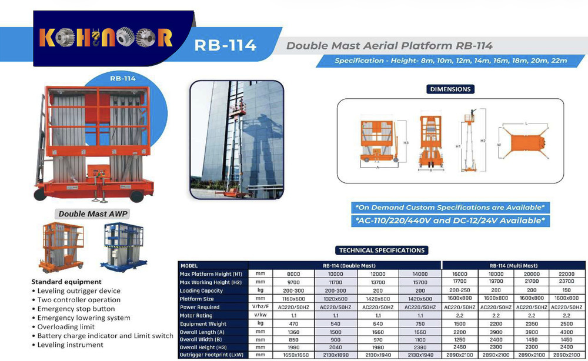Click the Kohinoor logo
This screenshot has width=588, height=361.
click(106, 38)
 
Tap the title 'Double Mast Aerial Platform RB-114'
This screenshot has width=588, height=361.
click(389, 46)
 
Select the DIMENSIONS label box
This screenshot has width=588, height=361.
click(450, 89)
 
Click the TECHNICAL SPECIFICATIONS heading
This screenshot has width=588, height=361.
click(382, 250)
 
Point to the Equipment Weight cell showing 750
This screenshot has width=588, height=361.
click(420, 323)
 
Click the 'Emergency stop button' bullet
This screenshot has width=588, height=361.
click(76, 309)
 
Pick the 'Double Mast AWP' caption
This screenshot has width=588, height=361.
click(93, 214)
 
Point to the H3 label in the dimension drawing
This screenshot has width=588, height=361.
click(406, 143)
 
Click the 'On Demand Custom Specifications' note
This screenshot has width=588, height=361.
click(450, 208)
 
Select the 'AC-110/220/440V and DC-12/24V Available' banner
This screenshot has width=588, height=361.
click(451, 220)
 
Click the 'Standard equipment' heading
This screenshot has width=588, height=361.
click(66, 282)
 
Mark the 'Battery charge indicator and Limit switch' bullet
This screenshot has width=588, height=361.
click(105, 336)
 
